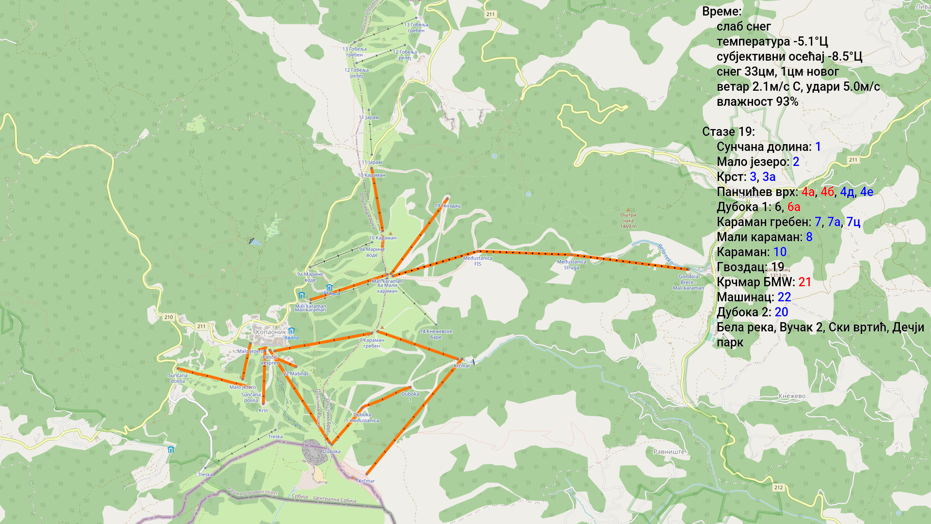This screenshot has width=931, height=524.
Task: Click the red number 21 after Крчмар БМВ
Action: (804, 282)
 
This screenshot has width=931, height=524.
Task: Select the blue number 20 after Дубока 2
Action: (781, 312)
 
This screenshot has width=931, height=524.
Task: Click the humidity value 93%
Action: (787, 102)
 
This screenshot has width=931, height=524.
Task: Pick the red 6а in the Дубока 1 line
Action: (793, 207)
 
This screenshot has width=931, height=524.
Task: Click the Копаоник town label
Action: (271, 332)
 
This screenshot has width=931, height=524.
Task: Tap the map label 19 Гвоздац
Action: (447, 206)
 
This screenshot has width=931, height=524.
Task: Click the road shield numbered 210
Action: (168, 317)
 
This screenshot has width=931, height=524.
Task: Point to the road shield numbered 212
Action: (778, 488)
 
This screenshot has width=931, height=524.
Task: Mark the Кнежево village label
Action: (792, 396)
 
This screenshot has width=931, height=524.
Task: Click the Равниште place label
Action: (669, 452)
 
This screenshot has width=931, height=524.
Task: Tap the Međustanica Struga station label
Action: (571, 264)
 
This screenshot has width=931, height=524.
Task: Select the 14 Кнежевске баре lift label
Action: (435, 334)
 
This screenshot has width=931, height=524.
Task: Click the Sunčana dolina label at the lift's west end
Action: (177, 378)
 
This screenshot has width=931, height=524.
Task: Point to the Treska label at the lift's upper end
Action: (275, 437)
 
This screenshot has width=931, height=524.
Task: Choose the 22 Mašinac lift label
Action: (296, 374)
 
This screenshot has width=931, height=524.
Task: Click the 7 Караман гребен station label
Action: (371, 343)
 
